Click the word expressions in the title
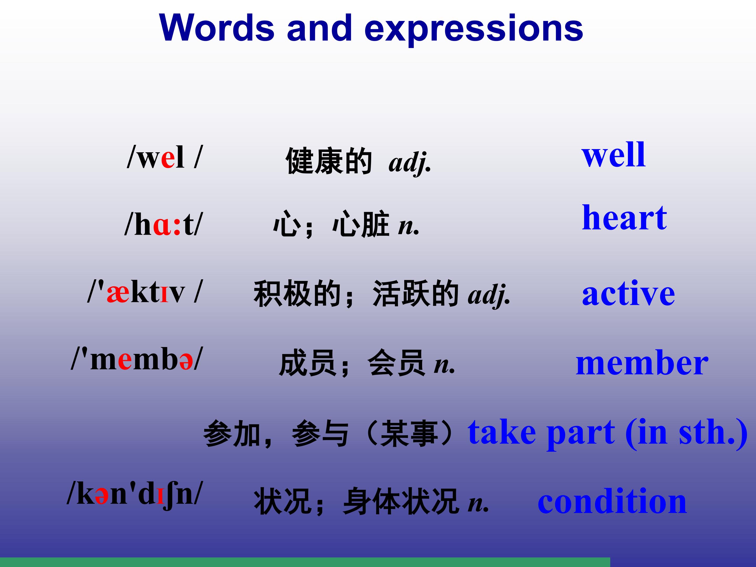pyautogui.click(x=474, y=30)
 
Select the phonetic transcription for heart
pyautogui.click(x=163, y=224)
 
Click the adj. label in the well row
pyautogui.click(x=410, y=163)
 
